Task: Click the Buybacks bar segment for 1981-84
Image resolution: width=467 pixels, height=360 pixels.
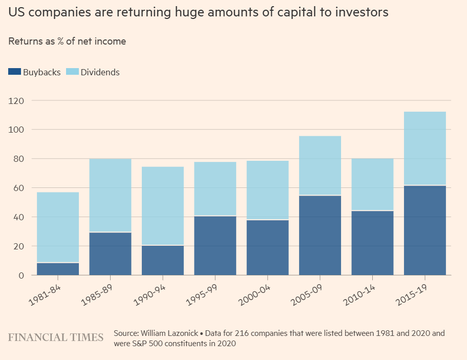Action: tap(58, 269)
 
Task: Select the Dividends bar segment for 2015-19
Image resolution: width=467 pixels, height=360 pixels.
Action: tap(425, 149)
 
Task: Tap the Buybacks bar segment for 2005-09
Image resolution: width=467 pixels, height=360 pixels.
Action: tap(320, 236)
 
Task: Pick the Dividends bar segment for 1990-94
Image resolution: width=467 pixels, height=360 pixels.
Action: tap(163, 206)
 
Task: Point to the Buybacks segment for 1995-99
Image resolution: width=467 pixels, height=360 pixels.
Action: tap(215, 245)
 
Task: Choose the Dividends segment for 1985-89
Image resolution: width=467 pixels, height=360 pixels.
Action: tap(110, 195)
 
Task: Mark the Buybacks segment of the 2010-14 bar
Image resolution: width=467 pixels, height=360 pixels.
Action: tap(372, 243)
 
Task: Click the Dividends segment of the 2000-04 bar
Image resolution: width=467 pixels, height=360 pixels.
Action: tap(267, 190)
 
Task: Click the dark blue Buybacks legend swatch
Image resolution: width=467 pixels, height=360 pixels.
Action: tap(14, 72)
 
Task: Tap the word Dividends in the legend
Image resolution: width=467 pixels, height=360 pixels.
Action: tap(100, 72)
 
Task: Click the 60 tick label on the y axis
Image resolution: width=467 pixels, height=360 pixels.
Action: tap(19, 188)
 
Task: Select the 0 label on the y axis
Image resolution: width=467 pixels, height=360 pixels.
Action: tap(22, 276)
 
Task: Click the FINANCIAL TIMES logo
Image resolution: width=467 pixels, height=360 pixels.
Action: tap(55, 337)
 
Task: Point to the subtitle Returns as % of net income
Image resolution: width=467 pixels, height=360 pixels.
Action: tap(67, 41)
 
